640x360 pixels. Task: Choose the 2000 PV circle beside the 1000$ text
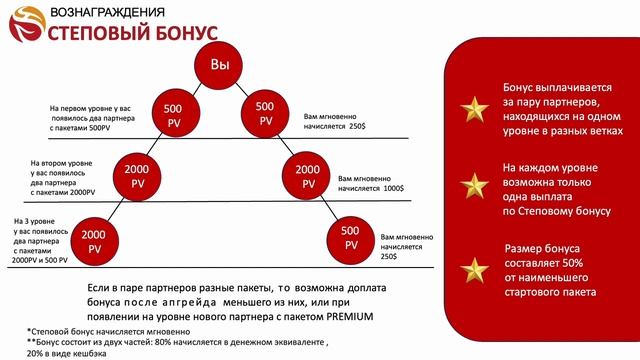tap(308, 175)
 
